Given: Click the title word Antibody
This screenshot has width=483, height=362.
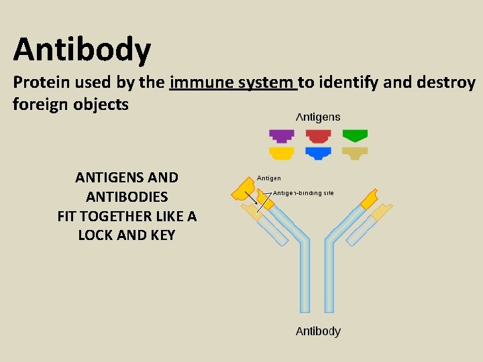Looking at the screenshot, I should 82,49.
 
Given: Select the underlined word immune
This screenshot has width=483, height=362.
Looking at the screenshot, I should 200,83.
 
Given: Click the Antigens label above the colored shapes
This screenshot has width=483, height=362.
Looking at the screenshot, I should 318,117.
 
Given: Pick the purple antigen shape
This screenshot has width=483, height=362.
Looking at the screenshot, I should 282,136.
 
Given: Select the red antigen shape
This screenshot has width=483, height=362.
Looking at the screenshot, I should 318,136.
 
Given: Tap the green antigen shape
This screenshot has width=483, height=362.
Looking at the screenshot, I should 355,135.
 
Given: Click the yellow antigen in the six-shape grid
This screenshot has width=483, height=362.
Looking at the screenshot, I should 282,154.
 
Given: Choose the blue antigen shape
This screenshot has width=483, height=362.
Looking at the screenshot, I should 318,154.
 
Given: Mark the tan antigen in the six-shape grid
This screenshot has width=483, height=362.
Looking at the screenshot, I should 355,153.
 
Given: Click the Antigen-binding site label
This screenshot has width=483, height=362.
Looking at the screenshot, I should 303,193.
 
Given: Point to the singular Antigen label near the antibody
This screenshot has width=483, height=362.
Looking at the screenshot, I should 269,178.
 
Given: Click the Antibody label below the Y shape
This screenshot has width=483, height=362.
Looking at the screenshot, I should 318,331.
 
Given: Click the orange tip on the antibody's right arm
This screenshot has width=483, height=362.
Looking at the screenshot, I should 368,198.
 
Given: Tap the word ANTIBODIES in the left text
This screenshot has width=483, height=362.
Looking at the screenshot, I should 127,197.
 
